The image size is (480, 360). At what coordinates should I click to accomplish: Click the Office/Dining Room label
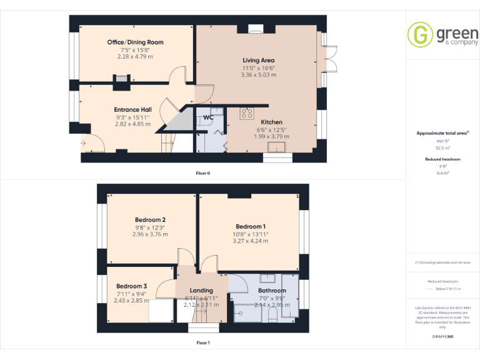[x=135, y=42]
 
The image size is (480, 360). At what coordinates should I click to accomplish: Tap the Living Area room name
[x=259, y=60]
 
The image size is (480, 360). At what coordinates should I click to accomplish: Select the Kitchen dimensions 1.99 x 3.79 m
[x=259, y=136]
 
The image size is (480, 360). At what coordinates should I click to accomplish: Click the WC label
[x=208, y=116]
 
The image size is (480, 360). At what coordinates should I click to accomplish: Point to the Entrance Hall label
[x=132, y=109]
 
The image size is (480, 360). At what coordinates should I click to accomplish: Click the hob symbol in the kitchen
[x=246, y=113]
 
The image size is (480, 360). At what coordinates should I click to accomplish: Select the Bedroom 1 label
[x=251, y=226]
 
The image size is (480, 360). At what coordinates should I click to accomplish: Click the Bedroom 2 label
[x=150, y=219]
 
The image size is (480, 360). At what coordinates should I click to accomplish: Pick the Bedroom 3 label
[x=131, y=286]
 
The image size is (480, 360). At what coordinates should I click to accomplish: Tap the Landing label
[x=201, y=290]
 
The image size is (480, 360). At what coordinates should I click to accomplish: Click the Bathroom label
[x=272, y=291]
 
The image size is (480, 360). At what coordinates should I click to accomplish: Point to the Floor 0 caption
[x=203, y=172]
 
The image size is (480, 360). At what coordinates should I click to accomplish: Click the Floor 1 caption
[x=203, y=342]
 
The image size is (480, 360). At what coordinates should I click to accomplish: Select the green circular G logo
[x=419, y=34]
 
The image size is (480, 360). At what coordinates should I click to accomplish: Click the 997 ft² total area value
[x=442, y=141]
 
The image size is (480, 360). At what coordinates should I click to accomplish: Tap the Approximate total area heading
[x=441, y=133]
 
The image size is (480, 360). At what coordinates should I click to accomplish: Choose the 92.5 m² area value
[x=442, y=149]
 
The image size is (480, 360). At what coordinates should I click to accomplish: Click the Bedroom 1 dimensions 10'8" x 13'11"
[x=251, y=234]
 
